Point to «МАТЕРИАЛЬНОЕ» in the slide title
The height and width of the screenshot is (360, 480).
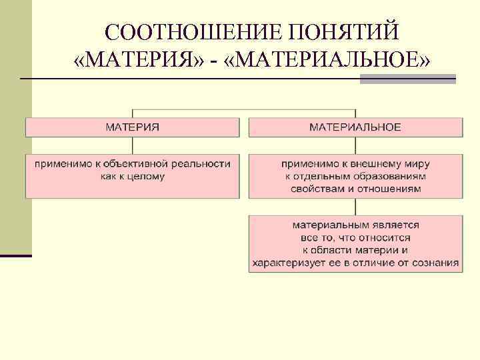click(x=333, y=61)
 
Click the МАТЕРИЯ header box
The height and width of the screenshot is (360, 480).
click(x=132, y=127)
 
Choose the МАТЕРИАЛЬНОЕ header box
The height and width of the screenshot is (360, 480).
click(x=355, y=127)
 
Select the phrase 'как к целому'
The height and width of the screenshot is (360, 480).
click(x=132, y=177)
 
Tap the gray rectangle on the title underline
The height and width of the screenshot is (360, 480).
click(x=407, y=79)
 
